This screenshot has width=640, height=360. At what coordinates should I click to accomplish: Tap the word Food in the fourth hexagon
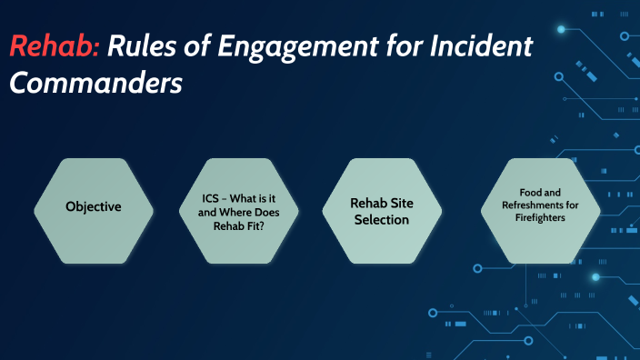[x=529, y=193]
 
